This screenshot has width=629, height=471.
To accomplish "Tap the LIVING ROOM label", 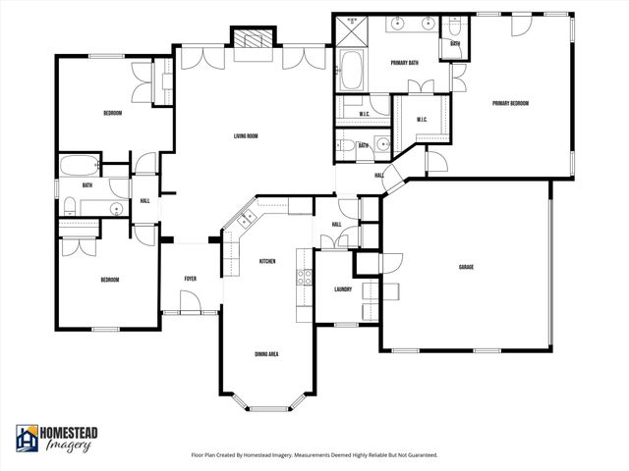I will coord(246,136).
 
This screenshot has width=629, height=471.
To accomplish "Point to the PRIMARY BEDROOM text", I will coord(511,103).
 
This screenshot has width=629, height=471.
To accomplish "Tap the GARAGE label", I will coord(466,267).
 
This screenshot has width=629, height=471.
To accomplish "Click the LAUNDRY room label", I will coord(343,288).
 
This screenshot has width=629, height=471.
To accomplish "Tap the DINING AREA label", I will coord(266,353).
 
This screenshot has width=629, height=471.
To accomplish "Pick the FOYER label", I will coord(191,279).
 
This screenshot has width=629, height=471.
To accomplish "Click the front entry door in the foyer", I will coord(192,312).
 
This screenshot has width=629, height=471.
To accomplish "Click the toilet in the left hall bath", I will coord(70,205).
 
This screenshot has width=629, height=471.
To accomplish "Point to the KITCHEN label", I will coord(266,261).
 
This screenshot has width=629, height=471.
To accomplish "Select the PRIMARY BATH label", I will coord(405,63).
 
